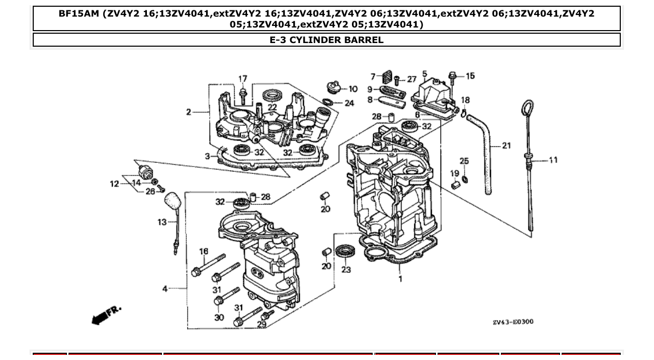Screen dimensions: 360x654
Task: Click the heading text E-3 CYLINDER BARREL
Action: click(326, 40)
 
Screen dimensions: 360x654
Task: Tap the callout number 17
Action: click(242, 79)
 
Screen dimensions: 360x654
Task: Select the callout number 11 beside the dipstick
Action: click(553, 160)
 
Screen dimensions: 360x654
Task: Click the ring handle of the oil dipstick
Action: click(525, 110)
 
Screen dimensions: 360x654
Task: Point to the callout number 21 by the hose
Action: click(506, 146)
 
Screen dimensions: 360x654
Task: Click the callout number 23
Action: click(346, 269)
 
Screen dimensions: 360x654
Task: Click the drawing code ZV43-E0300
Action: click(512, 322)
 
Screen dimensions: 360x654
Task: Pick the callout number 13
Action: click(162, 222)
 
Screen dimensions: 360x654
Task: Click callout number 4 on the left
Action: click(165, 288)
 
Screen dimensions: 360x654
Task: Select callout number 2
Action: click(189, 112)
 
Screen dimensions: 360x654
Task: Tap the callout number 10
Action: click(352, 89)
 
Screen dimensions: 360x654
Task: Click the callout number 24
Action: click(349, 103)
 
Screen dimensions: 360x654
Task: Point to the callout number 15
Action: click(470, 76)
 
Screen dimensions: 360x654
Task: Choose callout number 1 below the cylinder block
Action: click(400, 279)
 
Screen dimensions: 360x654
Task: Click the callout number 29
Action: click(262, 324)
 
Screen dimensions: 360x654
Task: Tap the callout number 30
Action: click(219, 317)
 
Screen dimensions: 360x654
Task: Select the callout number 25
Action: click(464, 161)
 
